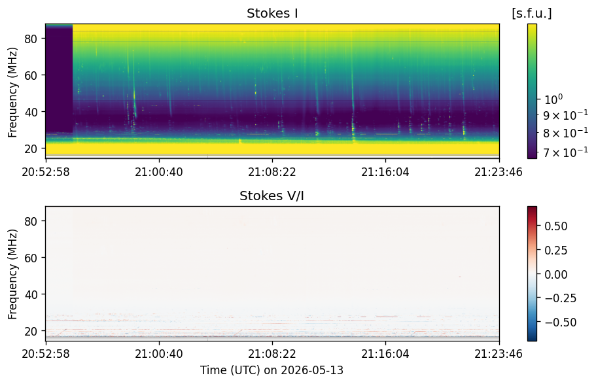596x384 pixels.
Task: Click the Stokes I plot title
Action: [x=272, y=13]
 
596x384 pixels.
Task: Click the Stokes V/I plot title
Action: [x=272, y=196]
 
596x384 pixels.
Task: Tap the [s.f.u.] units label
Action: [x=532, y=13]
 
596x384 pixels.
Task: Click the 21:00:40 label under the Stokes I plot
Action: [x=159, y=172]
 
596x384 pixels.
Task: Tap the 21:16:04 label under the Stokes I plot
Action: [x=385, y=172]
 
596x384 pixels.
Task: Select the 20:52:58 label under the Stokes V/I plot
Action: [x=46, y=354]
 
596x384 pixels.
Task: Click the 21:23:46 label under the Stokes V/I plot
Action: [x=499, y=354]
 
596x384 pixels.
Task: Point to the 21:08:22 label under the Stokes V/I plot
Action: [x=272, y=354]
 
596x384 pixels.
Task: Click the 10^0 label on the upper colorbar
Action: [x=553, y=99]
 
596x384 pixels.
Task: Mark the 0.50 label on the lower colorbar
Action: [x=555, y=226]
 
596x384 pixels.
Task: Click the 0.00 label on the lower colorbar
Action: [x=555, y=274]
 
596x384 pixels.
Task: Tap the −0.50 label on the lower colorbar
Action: [x=560, y=323]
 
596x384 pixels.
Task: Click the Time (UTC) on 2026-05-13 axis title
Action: [x=272, y=370]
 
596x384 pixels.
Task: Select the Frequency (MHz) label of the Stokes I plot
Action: [x=12, y=92]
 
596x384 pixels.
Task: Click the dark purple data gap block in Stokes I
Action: [x=59, y=79]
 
